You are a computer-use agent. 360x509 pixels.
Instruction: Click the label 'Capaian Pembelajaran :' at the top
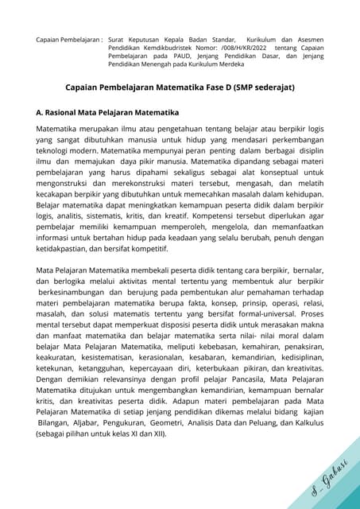(x=69, y=38)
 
